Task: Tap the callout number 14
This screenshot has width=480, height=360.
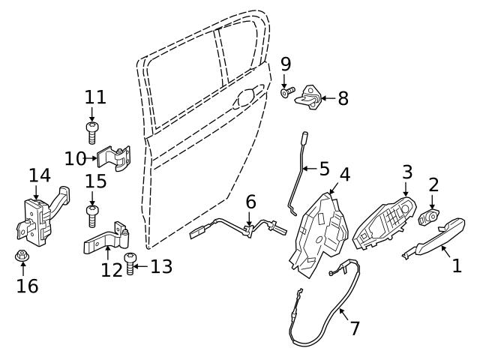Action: (x=40, y=175)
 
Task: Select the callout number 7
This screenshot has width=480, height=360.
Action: (x=355, y=328)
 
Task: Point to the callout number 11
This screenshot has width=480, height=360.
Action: (x=95, y=97)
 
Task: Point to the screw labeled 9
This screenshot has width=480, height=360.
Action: (x=286, y=93)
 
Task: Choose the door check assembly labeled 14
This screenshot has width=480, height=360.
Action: (x=37, y=217)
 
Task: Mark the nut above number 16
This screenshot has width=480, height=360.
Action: (x=22, y=257)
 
